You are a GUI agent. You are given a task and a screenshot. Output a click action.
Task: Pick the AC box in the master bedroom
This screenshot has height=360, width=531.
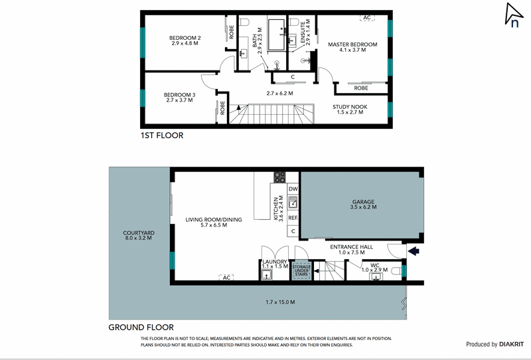[x=366, y=18]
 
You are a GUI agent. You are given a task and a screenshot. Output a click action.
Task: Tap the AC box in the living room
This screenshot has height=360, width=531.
[x=226, y=277]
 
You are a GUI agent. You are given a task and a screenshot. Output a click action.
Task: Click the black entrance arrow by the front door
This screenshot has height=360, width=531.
[x=414, y=251]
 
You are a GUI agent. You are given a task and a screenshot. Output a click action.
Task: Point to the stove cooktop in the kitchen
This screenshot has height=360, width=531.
[x=280, y=177]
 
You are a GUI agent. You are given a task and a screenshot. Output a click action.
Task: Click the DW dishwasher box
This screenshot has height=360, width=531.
[x=293, y=189]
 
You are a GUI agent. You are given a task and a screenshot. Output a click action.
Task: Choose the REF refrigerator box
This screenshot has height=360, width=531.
[x=293, y=217]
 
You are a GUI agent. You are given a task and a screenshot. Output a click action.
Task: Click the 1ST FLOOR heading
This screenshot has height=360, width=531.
[x=161, y=135]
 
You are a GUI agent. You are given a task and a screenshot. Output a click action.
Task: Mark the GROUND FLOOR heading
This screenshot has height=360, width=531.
[x=141, y=327]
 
